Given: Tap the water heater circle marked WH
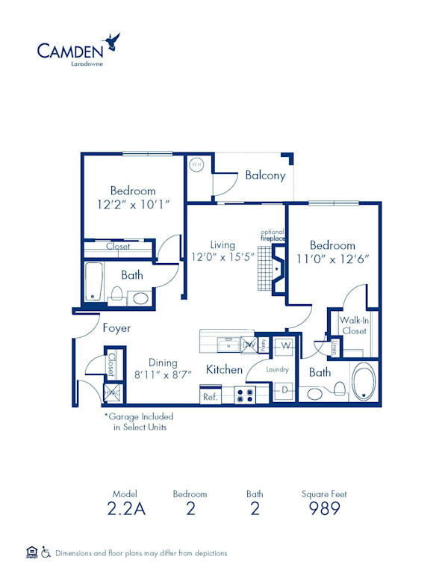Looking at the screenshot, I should click(x=197, y=164).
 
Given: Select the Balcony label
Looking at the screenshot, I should click(x=265, y=176).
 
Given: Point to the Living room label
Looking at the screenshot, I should click(x=223, y=244).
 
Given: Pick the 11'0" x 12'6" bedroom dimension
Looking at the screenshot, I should click(x=333, y=260).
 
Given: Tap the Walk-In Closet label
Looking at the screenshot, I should click(x=354, y=325).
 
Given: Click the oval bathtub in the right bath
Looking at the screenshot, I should click(x=366, y=382).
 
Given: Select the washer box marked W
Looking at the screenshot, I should click(x=285, y=346).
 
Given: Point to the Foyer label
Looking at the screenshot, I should click(x=116, y=328).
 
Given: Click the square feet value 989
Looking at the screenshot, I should click(x=324, y=509).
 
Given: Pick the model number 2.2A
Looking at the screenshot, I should click(x=126, y=509).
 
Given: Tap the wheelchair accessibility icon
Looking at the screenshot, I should click(x=46, y=552).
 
